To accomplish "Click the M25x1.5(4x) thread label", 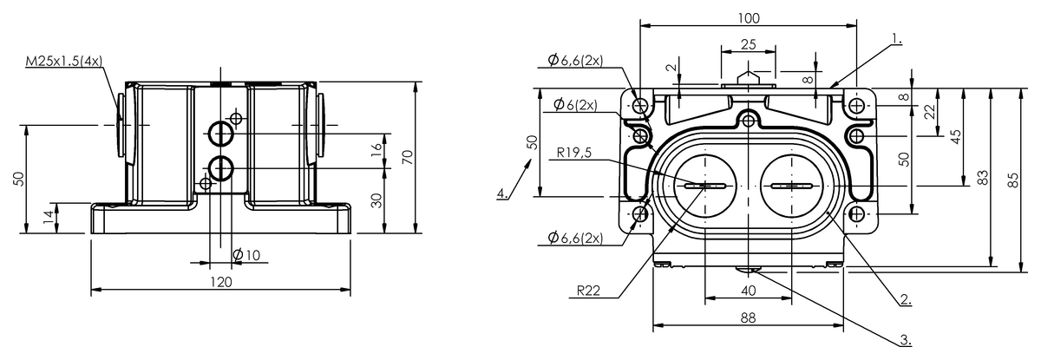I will (64, 61).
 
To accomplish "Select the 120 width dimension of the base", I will (221, 282).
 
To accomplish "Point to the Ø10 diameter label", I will (247, 254).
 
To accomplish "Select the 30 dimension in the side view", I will (376, 200).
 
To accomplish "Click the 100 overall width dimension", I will (748, 17).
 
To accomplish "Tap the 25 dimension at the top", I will (748, 43).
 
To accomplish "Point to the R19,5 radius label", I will (575, 154).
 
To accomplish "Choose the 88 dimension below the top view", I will (747, 318).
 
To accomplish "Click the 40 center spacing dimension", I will (747, 291).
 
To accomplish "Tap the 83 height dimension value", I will (982, 177).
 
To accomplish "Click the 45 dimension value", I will (955, 137).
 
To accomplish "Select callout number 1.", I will (896, 39).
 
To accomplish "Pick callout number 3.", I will (905, 341).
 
